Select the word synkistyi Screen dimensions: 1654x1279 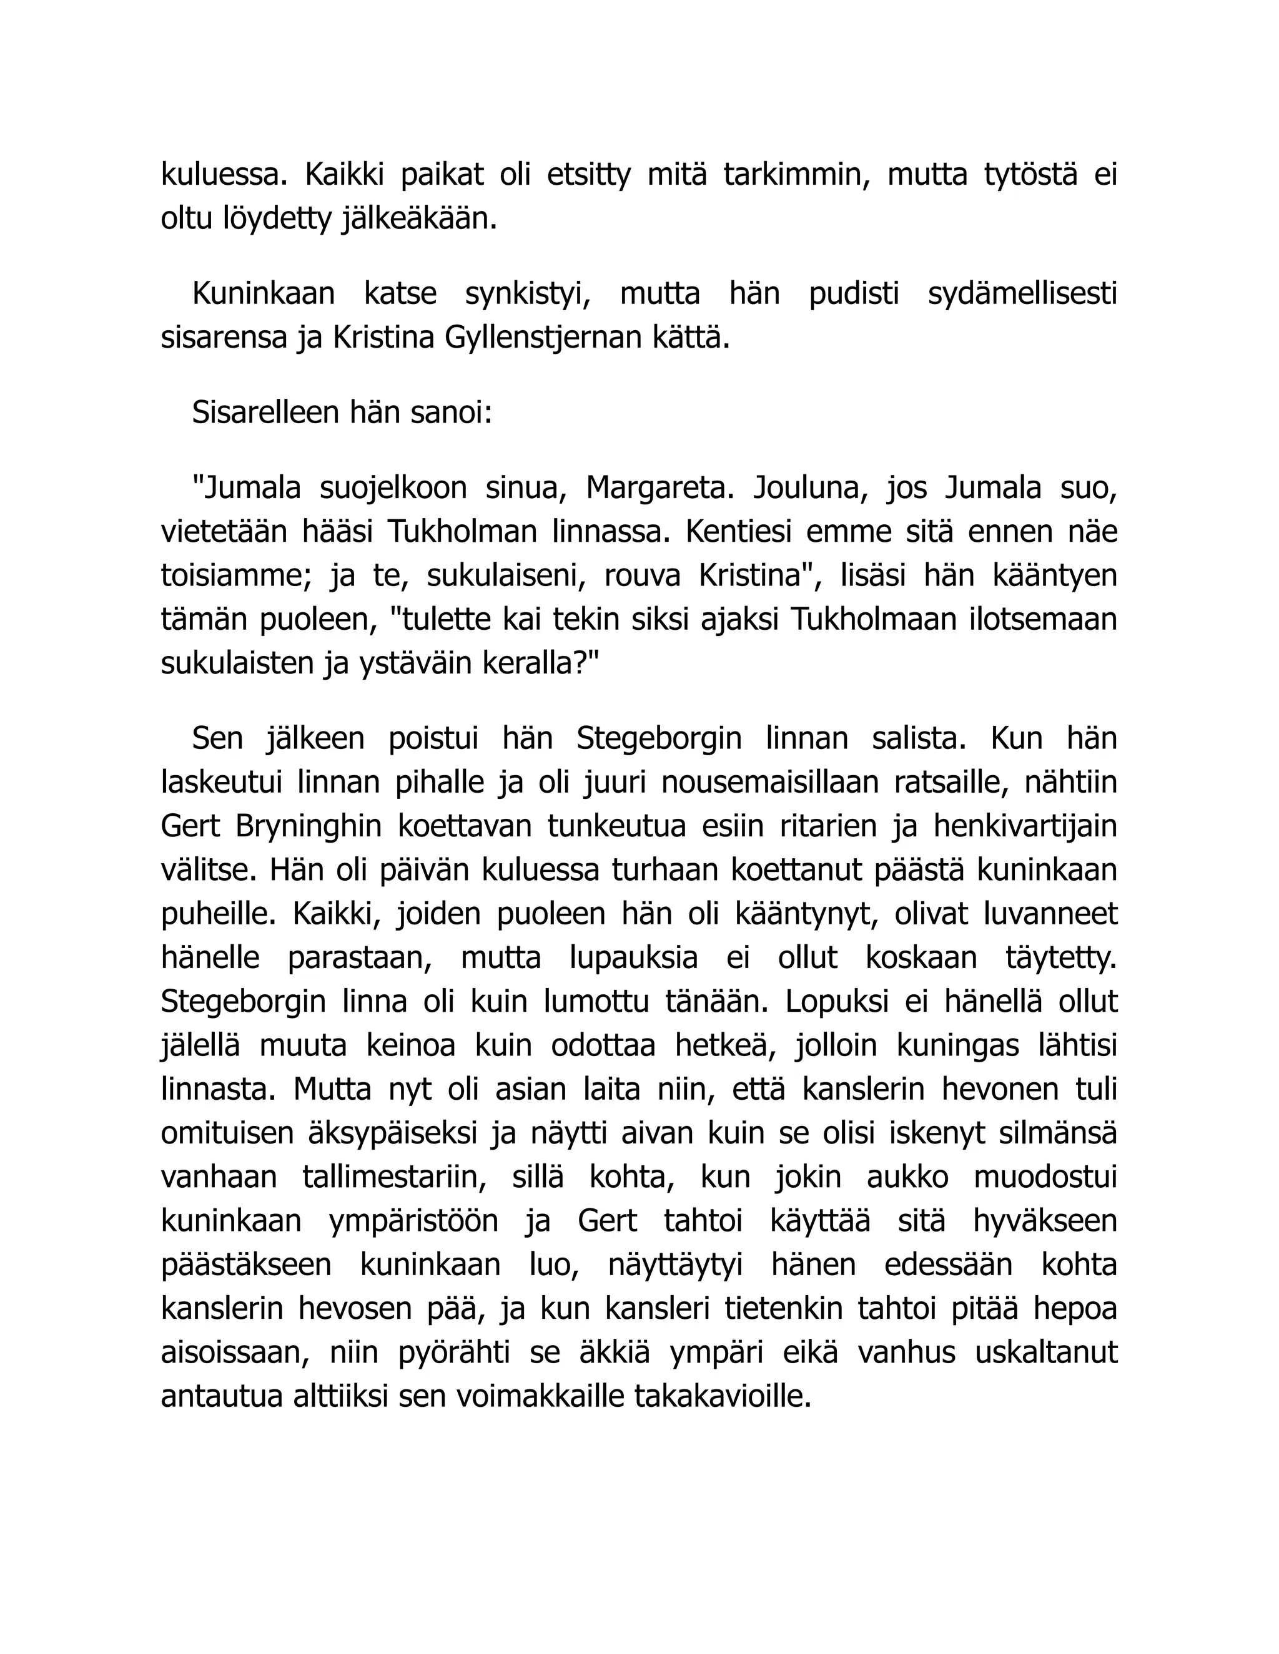528,294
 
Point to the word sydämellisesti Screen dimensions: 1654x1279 1022,294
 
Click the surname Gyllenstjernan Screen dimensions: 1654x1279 543,338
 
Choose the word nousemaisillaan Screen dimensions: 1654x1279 768,782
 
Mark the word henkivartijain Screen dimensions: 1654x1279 1025,826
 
